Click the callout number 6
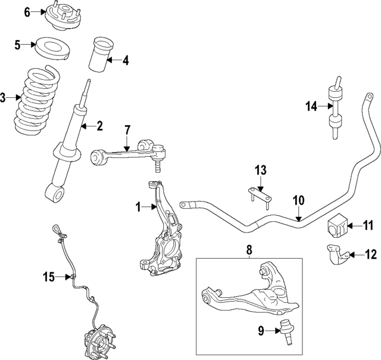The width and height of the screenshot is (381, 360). click(x=26, y=13)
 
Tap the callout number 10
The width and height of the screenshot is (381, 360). click(x=298, y=200)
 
